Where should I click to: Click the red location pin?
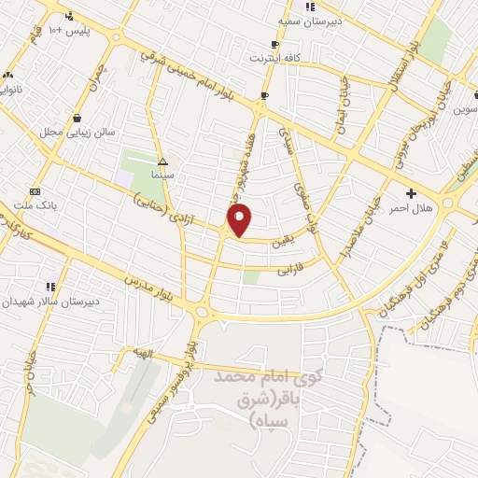click(x=241, y=220)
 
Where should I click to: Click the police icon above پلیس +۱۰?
click(x=69, y=16)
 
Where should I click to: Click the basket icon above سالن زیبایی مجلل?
click(x=76, y=119)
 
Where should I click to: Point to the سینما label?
click(x=164, y=176)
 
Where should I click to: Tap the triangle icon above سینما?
click(x=163, y=161)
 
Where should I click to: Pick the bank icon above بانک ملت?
click(x=35, y=190)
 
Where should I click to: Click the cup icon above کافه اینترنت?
click(x=274, y=44)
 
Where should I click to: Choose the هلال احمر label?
click(x=415, y=207)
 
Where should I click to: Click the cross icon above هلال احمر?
click(x=411, y=192)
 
